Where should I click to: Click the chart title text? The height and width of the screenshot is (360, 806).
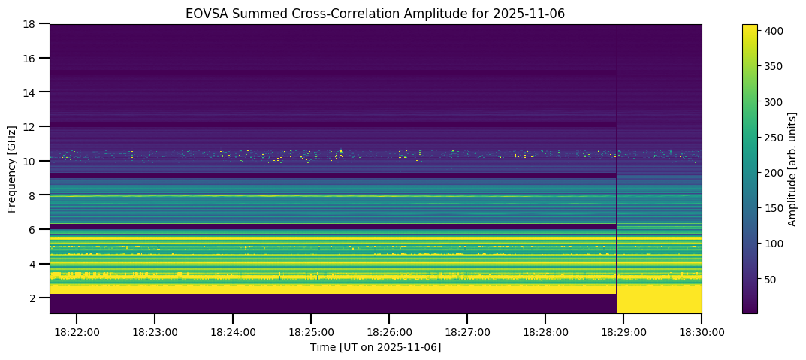coord(376,13)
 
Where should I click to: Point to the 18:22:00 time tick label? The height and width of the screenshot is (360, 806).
coord(77,331)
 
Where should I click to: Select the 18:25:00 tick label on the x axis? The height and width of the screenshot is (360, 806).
coord(311,331)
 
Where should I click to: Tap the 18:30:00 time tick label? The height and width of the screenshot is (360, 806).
coord(702,331)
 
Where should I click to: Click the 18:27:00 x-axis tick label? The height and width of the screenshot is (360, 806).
coord(467,331)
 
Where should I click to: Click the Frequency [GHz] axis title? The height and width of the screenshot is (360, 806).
coord(13,169)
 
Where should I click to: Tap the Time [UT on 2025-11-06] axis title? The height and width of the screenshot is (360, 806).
coord(376,347)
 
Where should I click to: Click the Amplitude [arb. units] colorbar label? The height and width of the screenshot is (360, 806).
coord(792,169)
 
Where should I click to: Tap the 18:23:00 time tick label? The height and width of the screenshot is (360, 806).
coord(155,331)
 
